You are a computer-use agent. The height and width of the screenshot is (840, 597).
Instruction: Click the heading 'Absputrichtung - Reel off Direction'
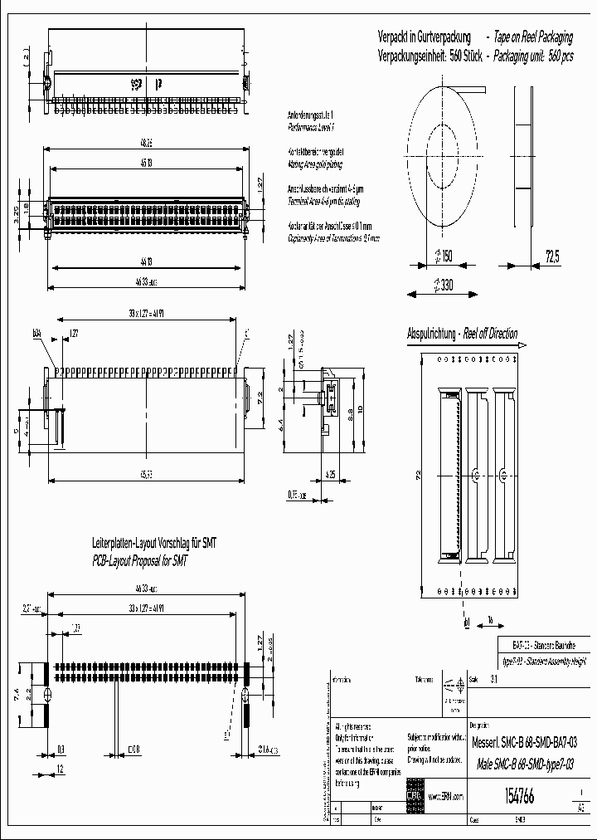[x=462, y=335]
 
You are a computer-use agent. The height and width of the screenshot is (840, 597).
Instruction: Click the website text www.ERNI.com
[x=446, y=795]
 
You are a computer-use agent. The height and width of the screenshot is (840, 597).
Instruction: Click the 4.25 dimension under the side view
[x=331, y=476]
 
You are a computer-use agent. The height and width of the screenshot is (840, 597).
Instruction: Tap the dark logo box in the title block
[x=415, y=789]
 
